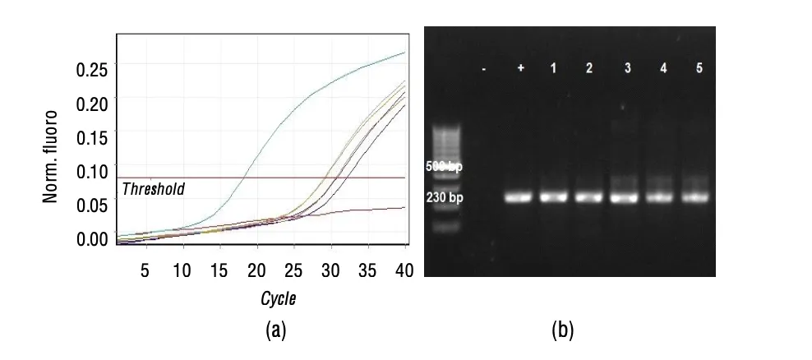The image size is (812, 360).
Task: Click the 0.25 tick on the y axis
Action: click(91, 70)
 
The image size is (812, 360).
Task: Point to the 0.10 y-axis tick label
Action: click(91, 172)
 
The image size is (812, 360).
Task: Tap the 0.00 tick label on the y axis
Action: click(91, 239)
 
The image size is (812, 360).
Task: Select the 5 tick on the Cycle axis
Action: click(145, 270)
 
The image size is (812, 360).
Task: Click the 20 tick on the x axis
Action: click(256, 270)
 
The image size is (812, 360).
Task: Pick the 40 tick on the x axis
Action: click(402, 270)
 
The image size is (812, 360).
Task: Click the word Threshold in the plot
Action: click(153, 189)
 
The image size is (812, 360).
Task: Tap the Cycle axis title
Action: click(278, 298)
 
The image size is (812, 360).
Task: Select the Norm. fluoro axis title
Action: click(52, 155)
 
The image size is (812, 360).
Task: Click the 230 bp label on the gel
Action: click(444, 197)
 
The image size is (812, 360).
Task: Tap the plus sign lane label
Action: click(519, 67)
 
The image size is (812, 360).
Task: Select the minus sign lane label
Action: click(484, 69)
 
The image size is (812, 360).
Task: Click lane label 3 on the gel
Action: click(627, 67)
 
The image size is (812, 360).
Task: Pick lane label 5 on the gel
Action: click(699, 67)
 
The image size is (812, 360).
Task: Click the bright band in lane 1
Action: click(555, 197)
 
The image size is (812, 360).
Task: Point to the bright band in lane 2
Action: click(590, 197)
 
